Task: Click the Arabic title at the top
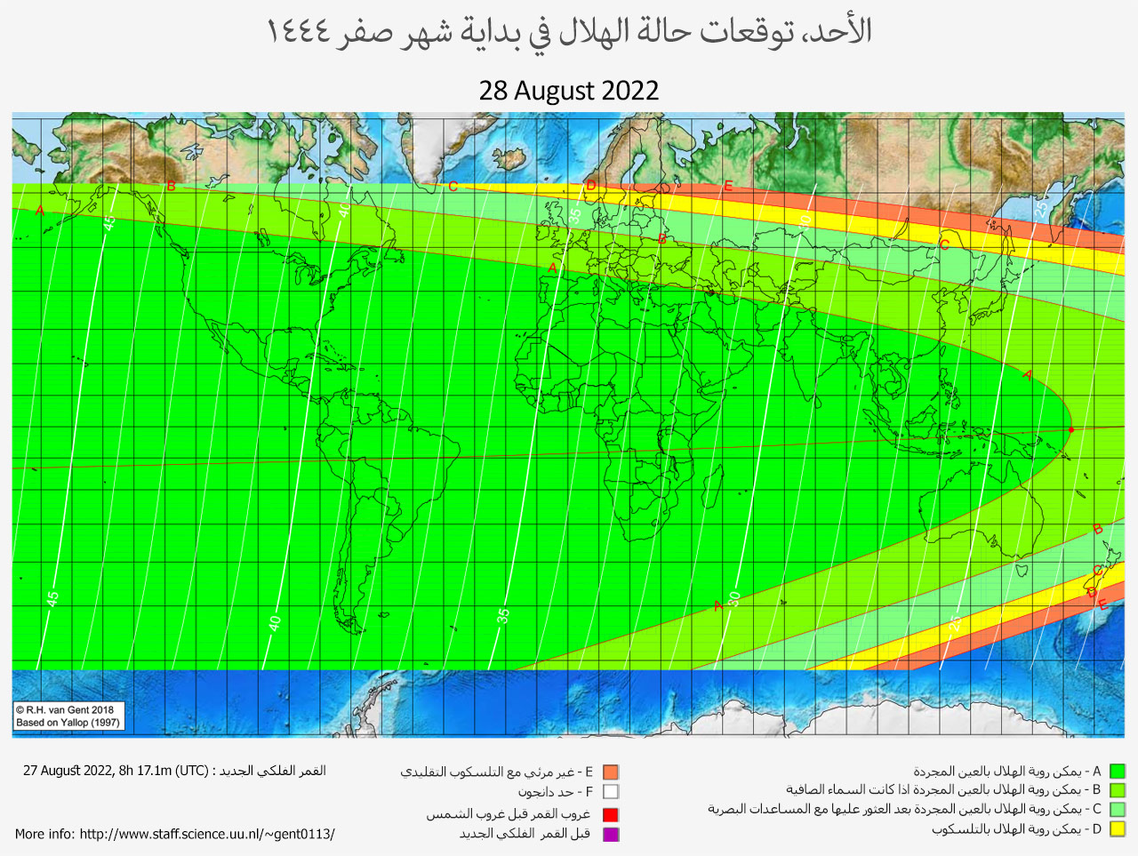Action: (x=569, y=32)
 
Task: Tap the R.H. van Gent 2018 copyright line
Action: (x=66, y=709)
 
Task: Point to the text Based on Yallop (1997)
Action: (x=68, y=723)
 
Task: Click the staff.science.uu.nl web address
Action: (x=206, y=834)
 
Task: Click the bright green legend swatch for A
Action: (x=1118, y=772)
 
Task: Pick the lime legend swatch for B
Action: (x=1118, y=790)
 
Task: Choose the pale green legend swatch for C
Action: (x=1118, y=810)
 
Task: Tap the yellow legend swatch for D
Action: (x=1118, y=829)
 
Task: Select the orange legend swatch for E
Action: (x=610, y=772)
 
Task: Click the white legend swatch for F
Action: (x=610, y=792)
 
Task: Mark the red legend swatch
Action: (x=610, y=814)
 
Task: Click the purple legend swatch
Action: (x=610, y=834)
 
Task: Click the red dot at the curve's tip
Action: (x=1070, y=430)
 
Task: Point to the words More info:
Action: (x=45, y=834)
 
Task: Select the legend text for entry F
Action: (x=555, y=792)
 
